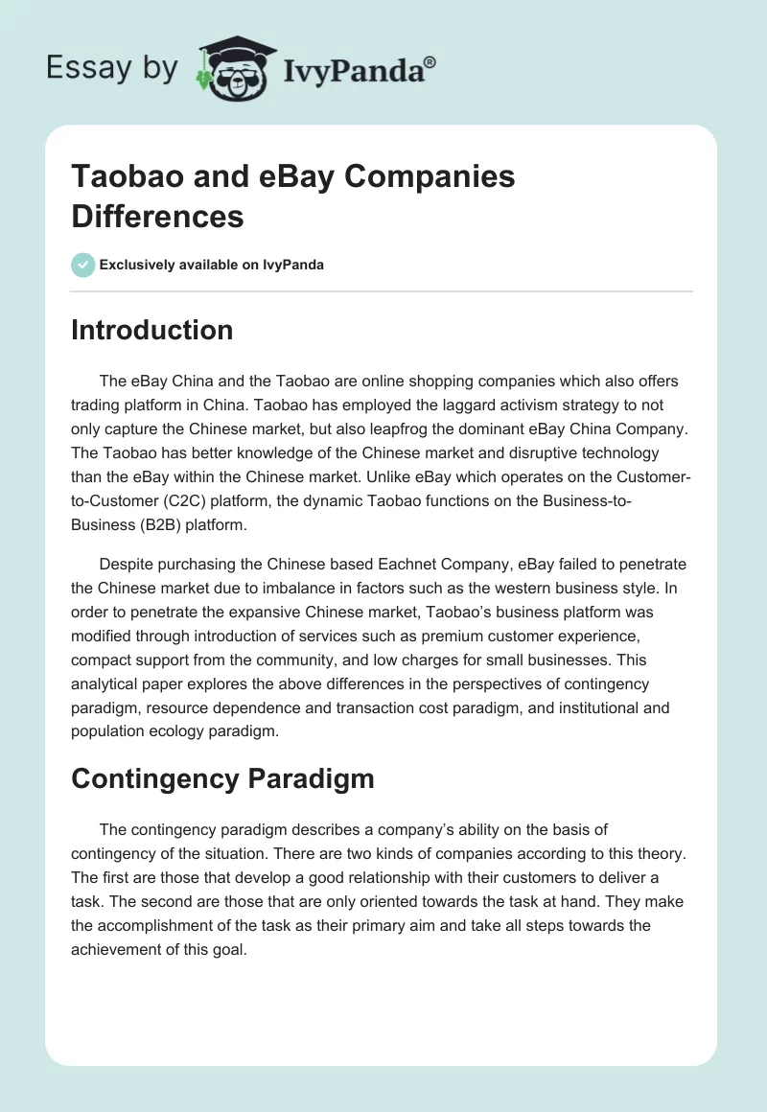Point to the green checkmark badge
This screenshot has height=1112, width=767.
pyautogui.click(x=83, y=265)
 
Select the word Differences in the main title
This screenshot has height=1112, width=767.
pyautogui.click(x=157, y=216)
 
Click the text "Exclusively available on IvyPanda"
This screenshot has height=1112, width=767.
pyautogui.click(x=212, y=265)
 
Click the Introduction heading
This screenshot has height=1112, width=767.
pyautogui.click(x=151, y=330)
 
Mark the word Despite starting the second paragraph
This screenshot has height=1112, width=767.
pyautogui.click(x=127, y=564)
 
